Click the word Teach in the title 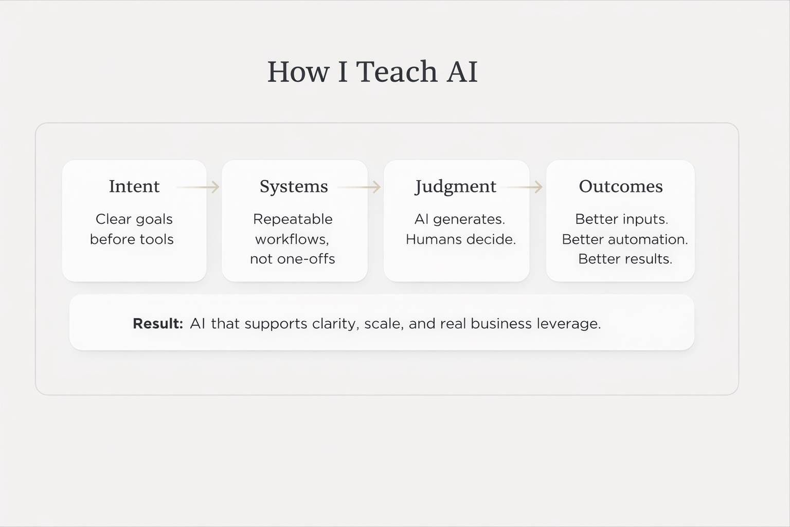point(396,72)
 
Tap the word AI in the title point(462,72)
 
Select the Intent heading point(134,186)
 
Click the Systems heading point(294,186)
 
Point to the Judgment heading point(456,186)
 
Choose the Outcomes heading point(621,186)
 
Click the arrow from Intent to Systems point(198,187)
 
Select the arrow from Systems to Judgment point(359,187)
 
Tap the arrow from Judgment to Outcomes point(524,187)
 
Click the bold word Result point(157,324)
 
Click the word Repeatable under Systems point(293,219)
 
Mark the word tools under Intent point(157,239)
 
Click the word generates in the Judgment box point(469,219)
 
